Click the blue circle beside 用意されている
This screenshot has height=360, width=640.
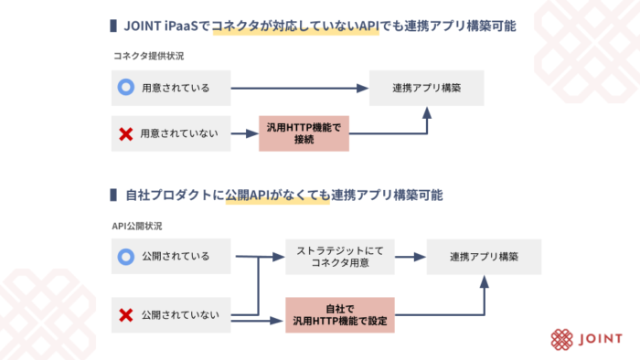125,89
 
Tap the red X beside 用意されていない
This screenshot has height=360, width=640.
125,134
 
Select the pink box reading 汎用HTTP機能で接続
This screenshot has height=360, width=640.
304,134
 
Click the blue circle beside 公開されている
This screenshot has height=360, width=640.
125,257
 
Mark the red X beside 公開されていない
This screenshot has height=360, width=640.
125,315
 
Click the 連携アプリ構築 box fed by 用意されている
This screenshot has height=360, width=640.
426,89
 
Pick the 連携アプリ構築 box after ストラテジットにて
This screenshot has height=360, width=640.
484,257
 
